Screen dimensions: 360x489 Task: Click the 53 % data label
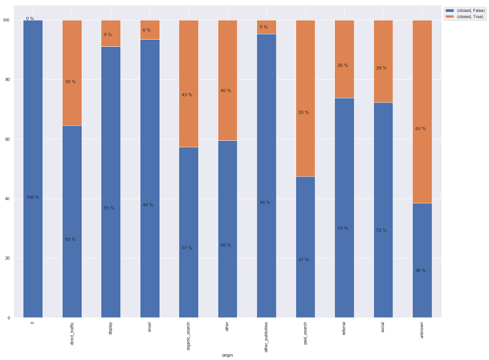click(x=303, y=113)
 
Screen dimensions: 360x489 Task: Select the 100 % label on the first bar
click(x=32, y=197)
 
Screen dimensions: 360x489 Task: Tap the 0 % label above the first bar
click(x=30, y=19)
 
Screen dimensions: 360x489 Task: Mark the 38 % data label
click(x=420, y=271)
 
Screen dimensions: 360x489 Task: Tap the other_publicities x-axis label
click(x=266, y=337)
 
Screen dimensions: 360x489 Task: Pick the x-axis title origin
click(x=227, y=355)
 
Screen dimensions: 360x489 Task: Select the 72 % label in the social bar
click(x=381, y=230)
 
